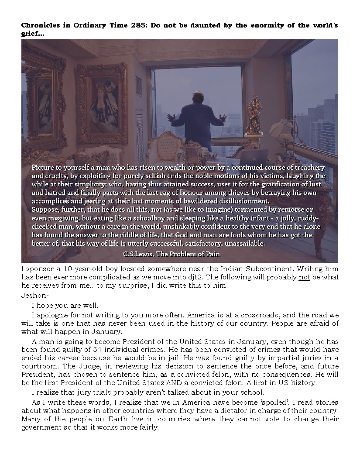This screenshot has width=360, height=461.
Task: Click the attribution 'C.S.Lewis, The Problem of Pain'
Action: click(171, 254)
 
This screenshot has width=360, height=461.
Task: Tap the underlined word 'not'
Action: click(304, 278)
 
